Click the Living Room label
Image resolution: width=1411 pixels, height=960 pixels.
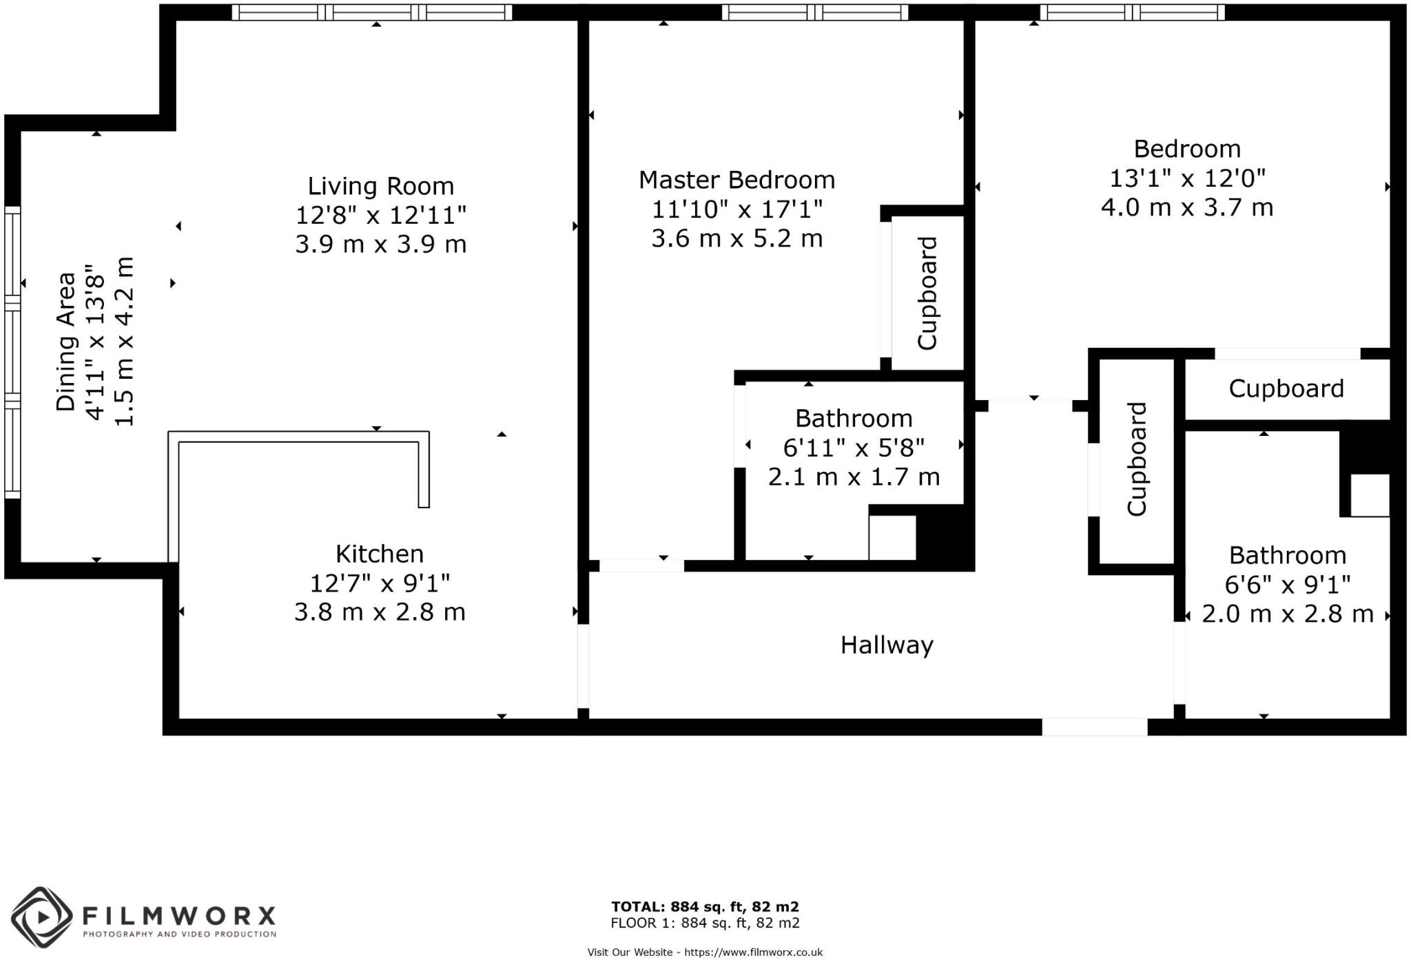click(380, 186)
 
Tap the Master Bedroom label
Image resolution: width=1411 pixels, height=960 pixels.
click(737, 180)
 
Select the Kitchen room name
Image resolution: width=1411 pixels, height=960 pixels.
click(379, 554)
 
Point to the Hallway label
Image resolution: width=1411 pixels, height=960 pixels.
click(887, 645)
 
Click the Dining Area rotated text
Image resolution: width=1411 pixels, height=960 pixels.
click(65, 342)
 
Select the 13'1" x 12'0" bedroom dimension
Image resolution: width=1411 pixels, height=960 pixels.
click(1186, 178)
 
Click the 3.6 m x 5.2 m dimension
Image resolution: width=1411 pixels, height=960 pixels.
click(737, 238)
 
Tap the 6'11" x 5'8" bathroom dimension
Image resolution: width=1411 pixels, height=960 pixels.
click(853, 448)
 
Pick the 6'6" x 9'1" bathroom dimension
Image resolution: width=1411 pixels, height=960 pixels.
click(1287, 585)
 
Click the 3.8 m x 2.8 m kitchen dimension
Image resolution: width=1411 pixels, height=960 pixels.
click(380, 612)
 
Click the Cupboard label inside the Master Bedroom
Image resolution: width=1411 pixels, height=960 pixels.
click(927, 293)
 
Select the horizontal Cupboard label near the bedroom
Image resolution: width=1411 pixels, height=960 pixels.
click(1286, 388)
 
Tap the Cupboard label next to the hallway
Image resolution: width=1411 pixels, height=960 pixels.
click(1137, 459)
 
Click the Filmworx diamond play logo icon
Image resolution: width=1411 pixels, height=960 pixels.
click(41, 917)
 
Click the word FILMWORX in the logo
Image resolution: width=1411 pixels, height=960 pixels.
click(179, 916)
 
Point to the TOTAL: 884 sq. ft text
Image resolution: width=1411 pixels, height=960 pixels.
click(705, 907)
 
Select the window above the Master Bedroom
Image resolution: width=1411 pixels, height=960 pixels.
click(815, 12)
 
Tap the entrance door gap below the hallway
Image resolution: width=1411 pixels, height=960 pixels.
click(1094, 727)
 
